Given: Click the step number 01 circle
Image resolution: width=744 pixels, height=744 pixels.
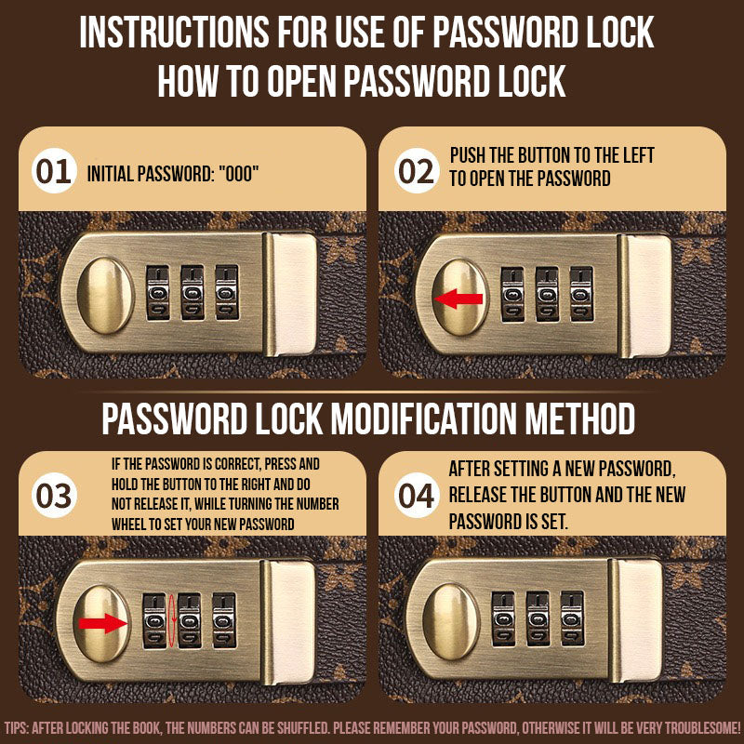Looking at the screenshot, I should pos(54,172).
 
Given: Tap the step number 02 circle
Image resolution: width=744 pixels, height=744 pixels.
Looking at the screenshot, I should pos(416,172).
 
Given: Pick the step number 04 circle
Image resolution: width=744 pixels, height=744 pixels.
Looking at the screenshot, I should pos(416,495).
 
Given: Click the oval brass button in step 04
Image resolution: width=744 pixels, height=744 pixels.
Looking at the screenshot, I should pos(450,618).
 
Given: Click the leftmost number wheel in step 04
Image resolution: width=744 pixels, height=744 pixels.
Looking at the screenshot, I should pos(503,618).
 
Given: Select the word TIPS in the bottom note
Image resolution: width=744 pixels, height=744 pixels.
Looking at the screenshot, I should pos(18,726).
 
